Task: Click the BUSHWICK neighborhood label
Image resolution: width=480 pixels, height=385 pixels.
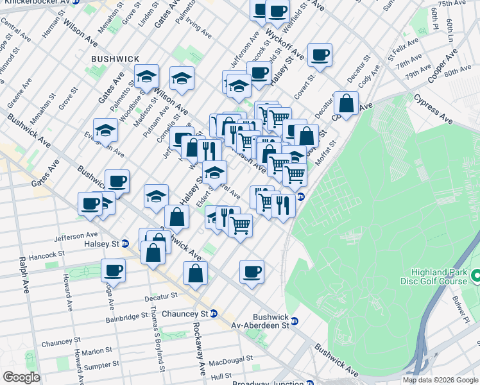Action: (116, 59)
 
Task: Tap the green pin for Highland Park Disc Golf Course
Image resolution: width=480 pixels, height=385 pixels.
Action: (476, 277)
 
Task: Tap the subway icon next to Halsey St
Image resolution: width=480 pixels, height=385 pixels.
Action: (125, 244)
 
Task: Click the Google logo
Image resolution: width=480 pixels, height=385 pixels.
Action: (21, 377)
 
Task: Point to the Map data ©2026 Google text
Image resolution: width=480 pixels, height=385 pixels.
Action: (440, 380)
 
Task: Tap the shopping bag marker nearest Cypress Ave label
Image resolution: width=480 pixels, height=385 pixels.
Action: (346, 103)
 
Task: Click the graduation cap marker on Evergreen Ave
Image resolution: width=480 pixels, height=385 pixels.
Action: (105, 130)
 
